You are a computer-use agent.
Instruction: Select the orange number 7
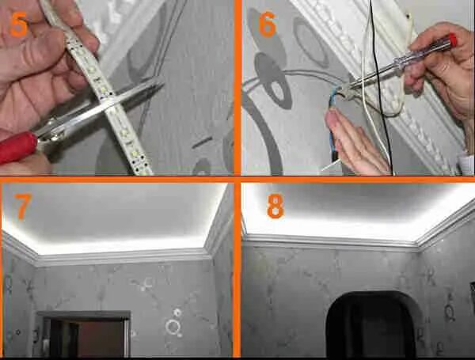(x=22, y=207)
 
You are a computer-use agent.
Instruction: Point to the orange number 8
(x=275, y=207)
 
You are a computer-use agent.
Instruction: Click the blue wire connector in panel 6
(x=333, y=100)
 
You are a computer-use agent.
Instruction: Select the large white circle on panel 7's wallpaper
(x=173, y=327)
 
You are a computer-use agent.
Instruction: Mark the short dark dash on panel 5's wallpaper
(x=202, y=142)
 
